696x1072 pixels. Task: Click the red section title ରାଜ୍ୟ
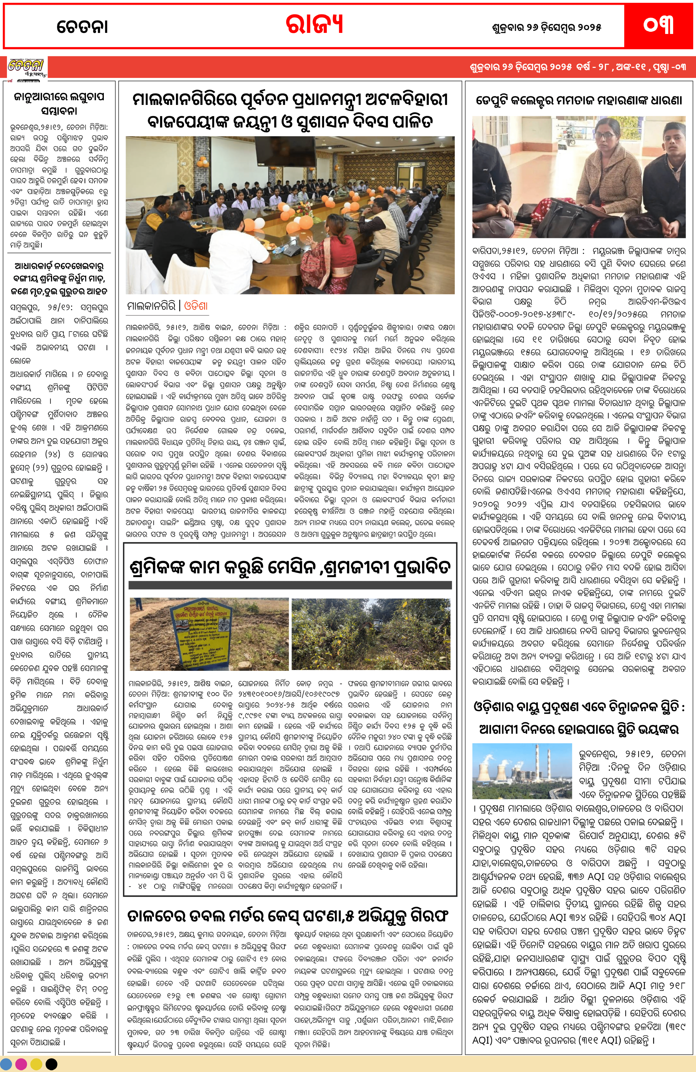pos(314,25)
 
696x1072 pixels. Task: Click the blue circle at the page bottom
pos(6,1064)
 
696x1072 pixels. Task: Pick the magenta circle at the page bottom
pos(21,1064)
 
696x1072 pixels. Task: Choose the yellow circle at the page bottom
pos(36,1064)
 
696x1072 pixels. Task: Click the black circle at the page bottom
pos(51,1064)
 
